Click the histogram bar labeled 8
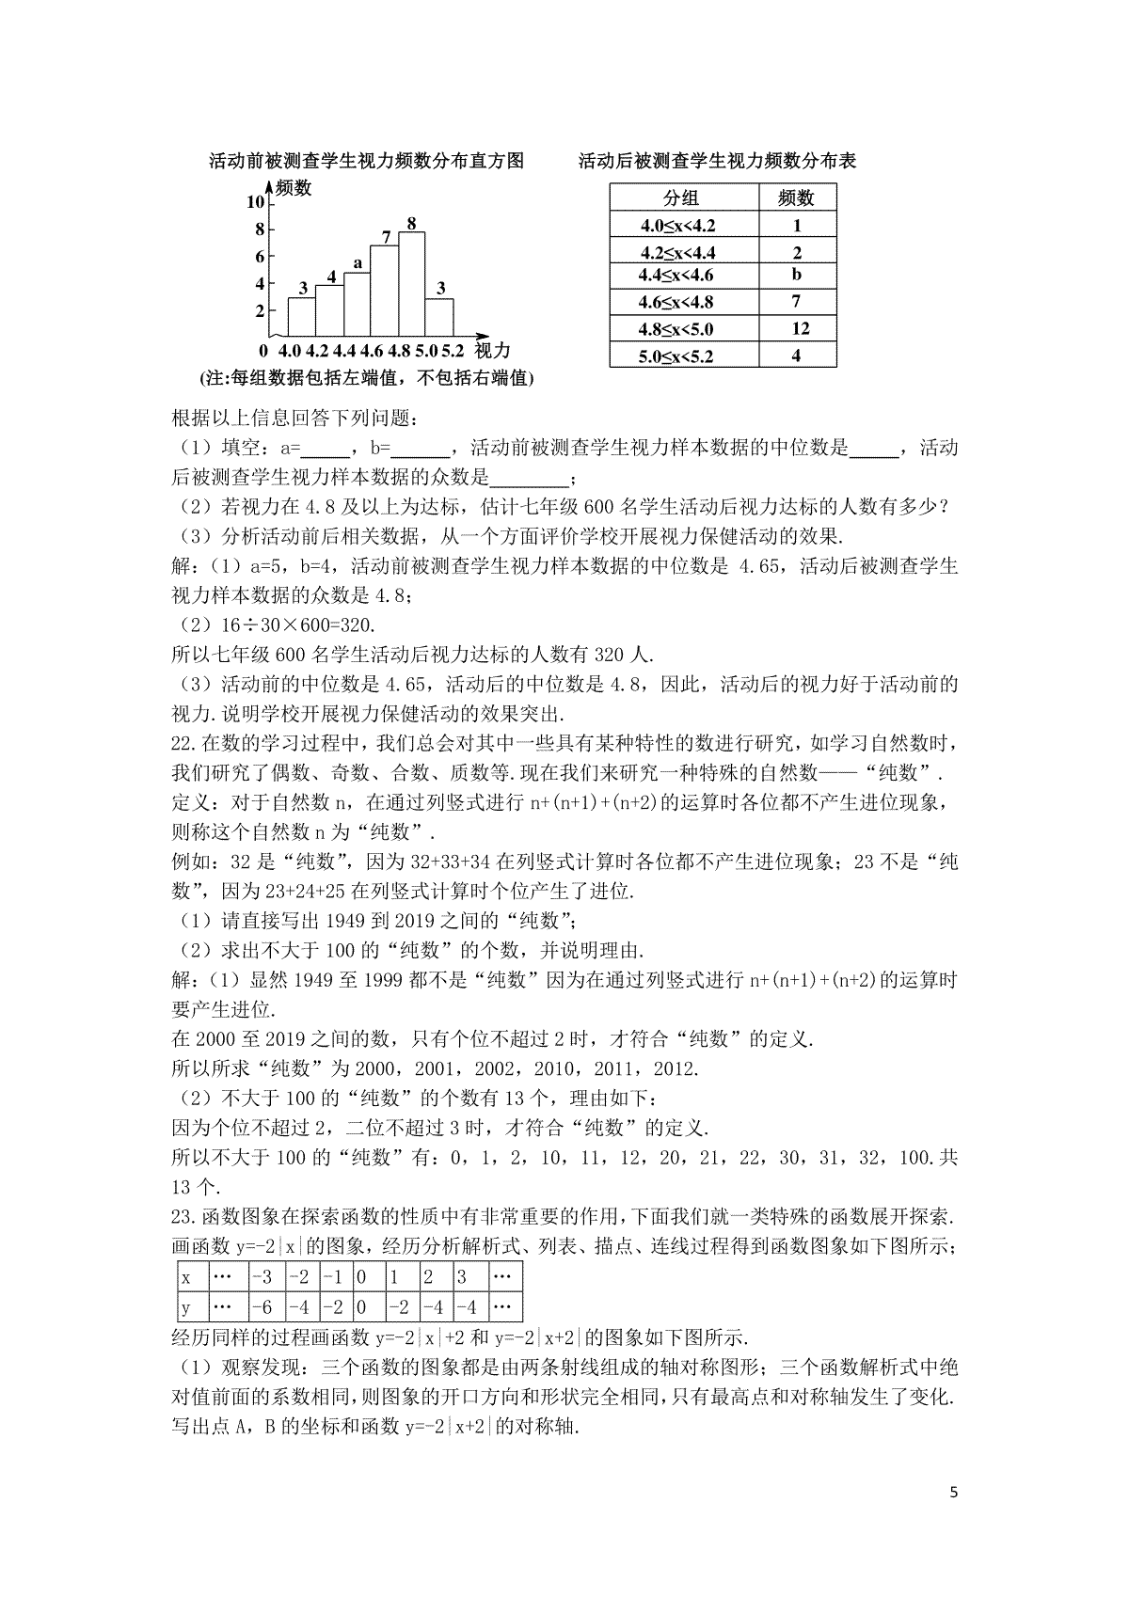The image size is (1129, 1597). point(411,283)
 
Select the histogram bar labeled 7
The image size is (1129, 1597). point(384,291)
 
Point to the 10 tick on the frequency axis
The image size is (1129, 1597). point(255,202)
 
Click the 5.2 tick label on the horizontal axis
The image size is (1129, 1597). point(453,352)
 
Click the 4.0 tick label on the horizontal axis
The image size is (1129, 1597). point(289,352)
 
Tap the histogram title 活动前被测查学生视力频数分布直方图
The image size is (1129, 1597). point(365,161)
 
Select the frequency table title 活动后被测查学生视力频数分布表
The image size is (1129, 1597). point(717,161)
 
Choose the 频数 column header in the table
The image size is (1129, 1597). point(796,198)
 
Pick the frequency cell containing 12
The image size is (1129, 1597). point(797,328)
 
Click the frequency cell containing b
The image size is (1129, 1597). point(797,276)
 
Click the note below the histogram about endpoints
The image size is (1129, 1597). point(366,378)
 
